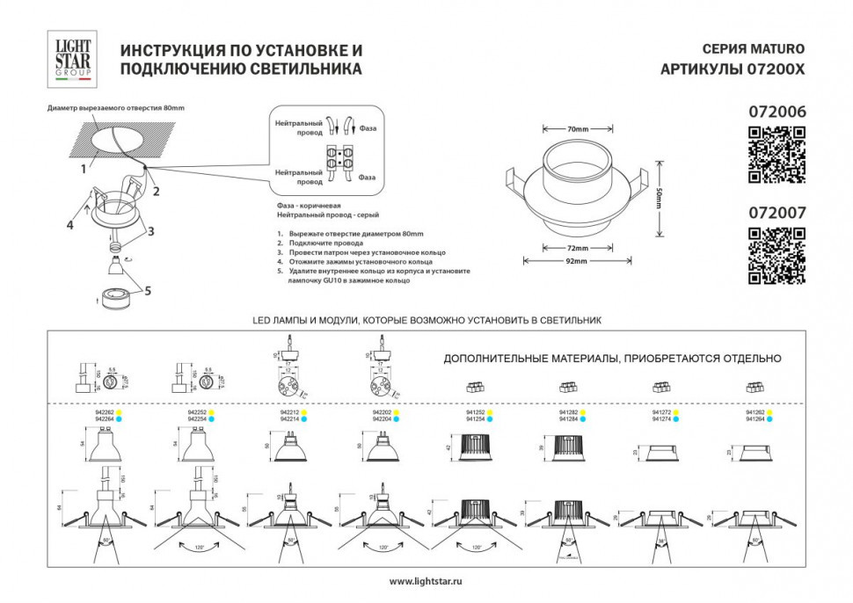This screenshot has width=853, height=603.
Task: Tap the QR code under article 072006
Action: [776, 156]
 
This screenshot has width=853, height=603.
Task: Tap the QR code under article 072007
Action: [776, 257]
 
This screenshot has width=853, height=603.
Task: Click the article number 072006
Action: [776, 113]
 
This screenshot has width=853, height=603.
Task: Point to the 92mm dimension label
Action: [577, 261]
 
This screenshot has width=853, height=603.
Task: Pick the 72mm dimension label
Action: [577, 249]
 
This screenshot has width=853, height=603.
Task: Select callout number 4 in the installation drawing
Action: [68, 225]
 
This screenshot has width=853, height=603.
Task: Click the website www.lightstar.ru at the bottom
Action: [426, 581]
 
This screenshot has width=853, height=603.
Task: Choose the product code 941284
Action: [568, 419]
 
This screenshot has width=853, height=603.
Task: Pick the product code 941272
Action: [660, 412]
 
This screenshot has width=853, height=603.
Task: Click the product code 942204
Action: [383, 419]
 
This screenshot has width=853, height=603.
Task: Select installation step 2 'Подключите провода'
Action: [322, 242]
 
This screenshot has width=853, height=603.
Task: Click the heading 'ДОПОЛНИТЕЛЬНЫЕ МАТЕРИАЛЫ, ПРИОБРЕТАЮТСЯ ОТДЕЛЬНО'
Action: [612, 359]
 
